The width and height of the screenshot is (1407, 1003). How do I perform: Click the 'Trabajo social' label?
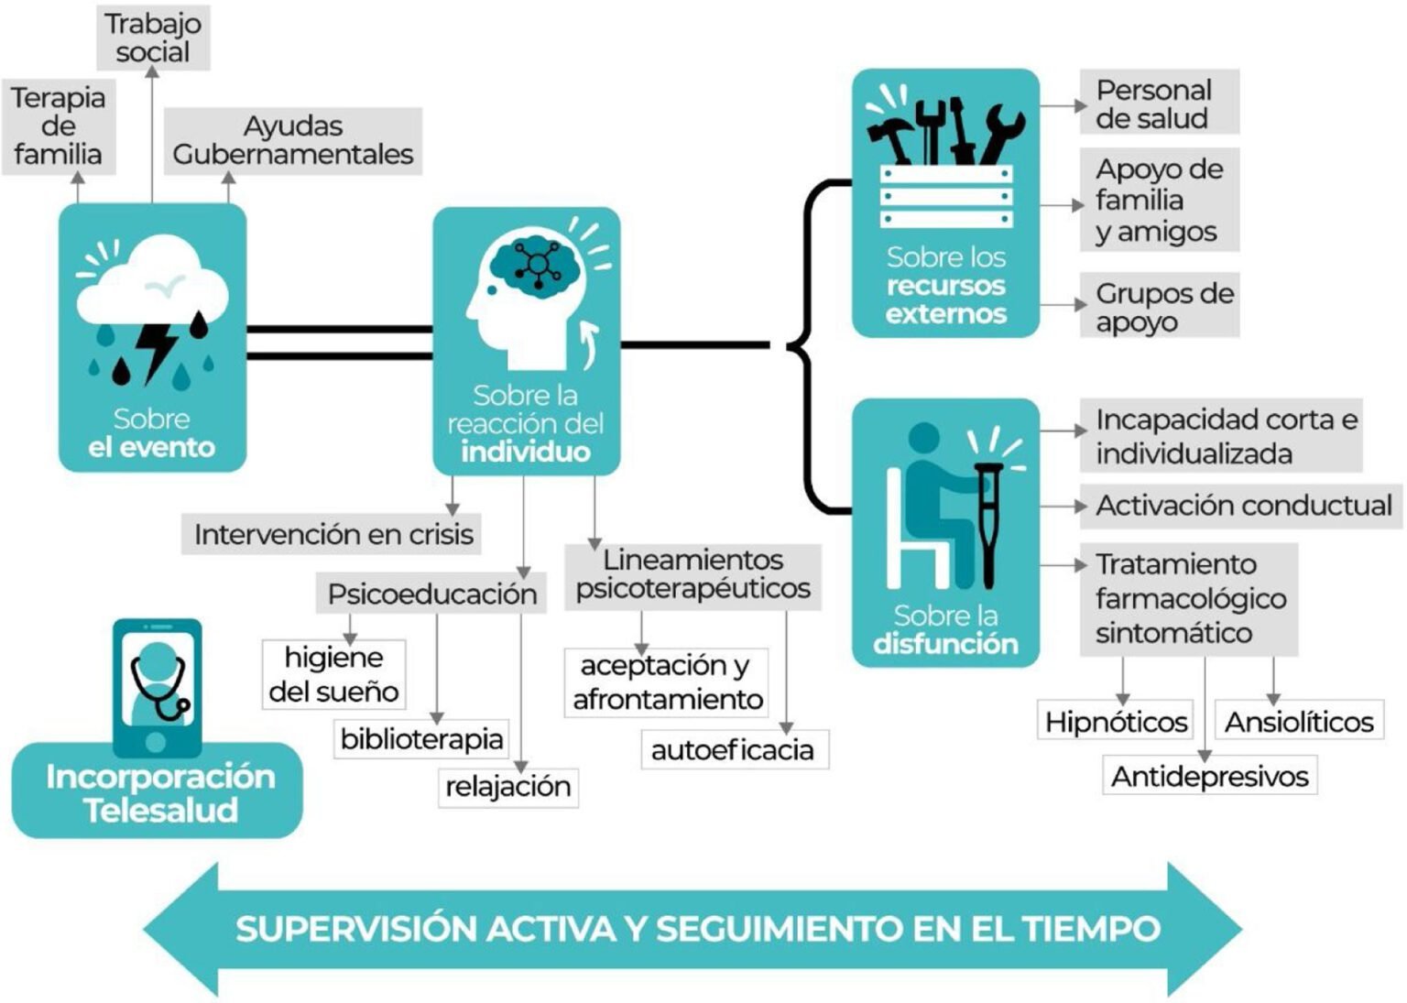pyautogui.click(x=153, y=38)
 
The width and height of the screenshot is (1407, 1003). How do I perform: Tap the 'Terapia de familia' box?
pyautogui.click(x=59, y=126)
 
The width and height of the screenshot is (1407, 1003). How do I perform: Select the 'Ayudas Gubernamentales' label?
pyautogui.click(x=293, y=140)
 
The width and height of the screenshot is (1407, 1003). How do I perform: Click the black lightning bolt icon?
pyautogui.click(x=156, y=348)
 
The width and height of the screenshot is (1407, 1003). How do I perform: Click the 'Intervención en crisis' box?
pyautogui.click(x=333, y=534)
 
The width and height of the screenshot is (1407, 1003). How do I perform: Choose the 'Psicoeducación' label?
pyautogui.click(x=431, y=594)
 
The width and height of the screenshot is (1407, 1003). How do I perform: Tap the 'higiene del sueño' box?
pyautogui.click(x=333, y=674)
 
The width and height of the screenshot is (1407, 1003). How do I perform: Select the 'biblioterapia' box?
pyautogui.click(x=421, y=738)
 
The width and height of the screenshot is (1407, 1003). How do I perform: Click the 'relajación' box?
pyautogui.click(x=507, y=786)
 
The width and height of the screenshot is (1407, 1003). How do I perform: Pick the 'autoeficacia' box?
pyautogui.click(x=733, y=749)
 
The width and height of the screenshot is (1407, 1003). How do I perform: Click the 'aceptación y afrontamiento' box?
pyautogui.click(x=667, y=682)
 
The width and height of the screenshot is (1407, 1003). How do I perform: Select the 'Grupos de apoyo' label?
pyautogui.click(x=1161, y=307)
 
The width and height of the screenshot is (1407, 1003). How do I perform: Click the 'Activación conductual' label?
pyautogui.click(x=1243, y=506)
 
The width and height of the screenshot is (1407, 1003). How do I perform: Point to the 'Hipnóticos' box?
pyautogui.click(x=1116, y=722)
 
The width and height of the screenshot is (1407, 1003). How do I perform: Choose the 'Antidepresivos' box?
pyautogui.click(x=1209, y=776)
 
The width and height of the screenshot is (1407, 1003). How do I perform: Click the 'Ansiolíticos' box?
pyautogui.click(x=1299, y=722)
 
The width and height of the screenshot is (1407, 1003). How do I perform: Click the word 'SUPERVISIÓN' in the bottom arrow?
pyautogui.click(x=357, y=929)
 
